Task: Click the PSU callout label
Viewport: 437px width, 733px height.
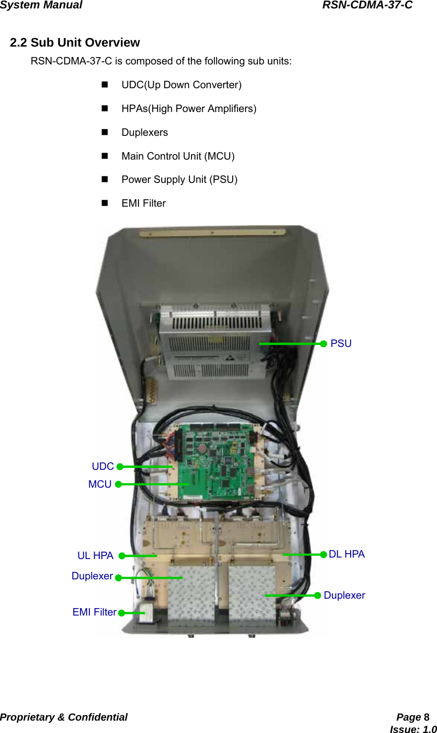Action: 341,343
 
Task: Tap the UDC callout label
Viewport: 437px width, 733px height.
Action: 103,466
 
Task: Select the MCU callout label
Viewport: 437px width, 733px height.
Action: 100,484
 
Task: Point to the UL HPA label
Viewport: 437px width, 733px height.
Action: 95,556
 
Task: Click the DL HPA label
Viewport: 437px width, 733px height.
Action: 347,554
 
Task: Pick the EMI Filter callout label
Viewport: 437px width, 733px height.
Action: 94,612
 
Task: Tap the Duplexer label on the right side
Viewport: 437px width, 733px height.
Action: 344,595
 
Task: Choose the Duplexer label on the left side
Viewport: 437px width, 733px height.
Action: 92,576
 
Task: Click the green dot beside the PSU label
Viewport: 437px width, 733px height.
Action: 323,343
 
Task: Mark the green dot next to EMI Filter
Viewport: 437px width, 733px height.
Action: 122,613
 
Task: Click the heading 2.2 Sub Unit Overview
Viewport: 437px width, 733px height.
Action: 75,43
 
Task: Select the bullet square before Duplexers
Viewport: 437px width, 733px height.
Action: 105,132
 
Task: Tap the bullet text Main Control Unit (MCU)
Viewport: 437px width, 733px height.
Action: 178,156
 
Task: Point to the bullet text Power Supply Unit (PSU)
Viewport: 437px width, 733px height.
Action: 180,179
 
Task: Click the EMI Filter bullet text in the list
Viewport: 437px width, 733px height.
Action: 144,203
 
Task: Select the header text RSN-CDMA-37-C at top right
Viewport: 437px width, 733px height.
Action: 367,5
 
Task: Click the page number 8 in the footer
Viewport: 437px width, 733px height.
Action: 426,717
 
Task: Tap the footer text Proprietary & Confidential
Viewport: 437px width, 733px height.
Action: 63,717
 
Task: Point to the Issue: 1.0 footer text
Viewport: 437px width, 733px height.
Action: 413,729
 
